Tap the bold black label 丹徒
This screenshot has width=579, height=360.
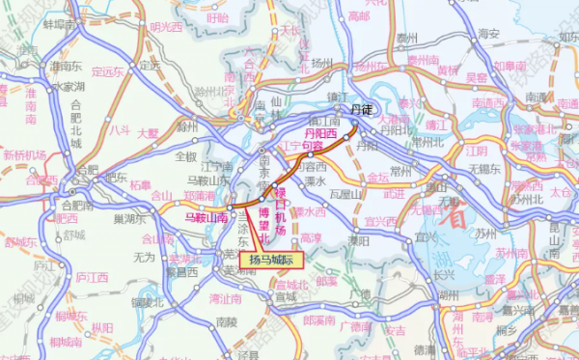click(361, 112)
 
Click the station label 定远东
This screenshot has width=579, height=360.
click(107, 70)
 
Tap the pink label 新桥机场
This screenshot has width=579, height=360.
click(24, 154)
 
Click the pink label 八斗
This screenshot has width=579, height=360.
click(119, 127)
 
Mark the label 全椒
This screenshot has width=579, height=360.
click(185, 155)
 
